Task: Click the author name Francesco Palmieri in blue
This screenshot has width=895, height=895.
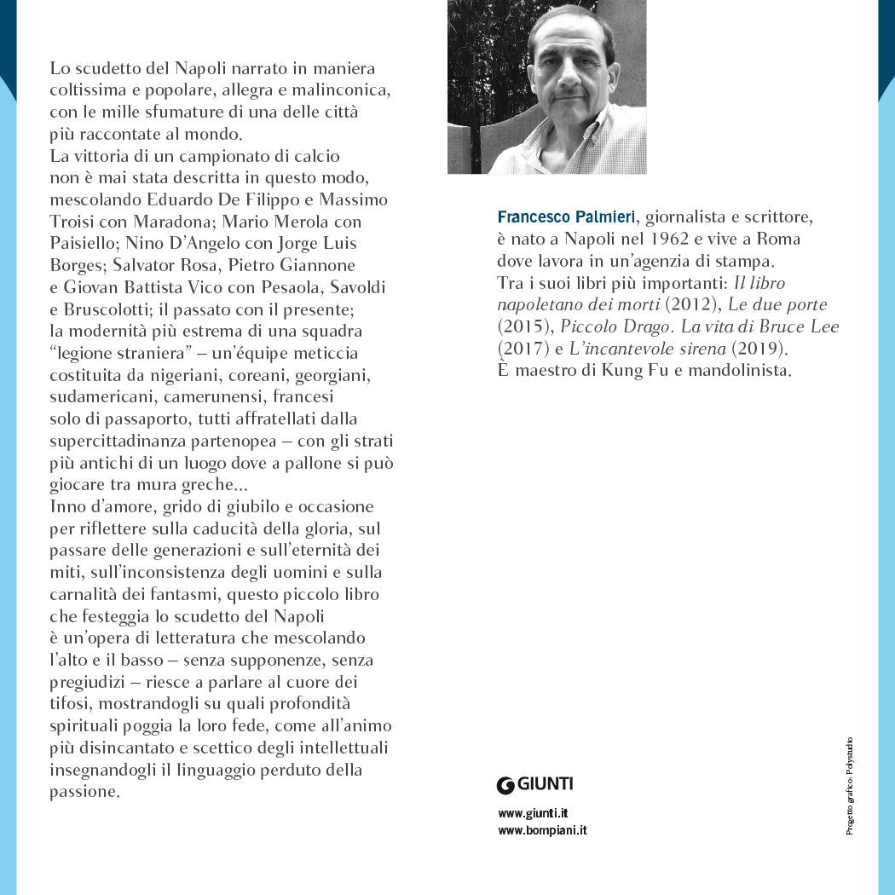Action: tap(566, 217)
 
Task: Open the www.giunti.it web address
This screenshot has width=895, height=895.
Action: tap(533, 813)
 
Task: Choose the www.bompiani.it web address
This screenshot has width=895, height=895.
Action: tap(542, 830)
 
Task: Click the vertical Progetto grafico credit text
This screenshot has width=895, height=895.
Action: tap(850, 785)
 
